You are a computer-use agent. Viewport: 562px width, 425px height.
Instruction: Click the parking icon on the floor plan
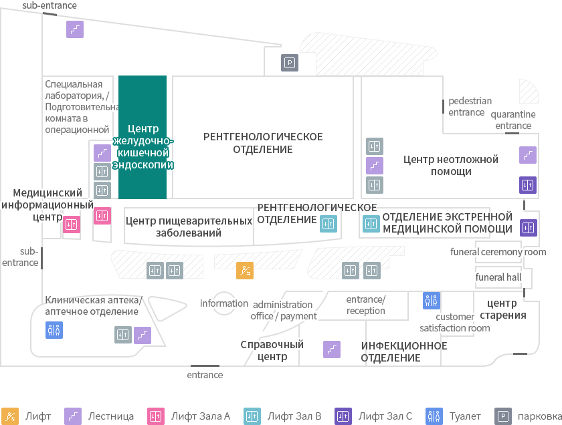[x=290, y=63]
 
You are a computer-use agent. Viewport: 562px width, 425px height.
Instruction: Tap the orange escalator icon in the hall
[x=245, y=271]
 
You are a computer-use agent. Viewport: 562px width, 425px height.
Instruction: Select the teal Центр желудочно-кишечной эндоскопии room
[x=143, y=137]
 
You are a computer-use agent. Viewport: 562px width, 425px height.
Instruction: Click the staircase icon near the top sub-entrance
[x=75, y=29]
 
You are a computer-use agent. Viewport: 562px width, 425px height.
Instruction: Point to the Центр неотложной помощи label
[x=451, y=165]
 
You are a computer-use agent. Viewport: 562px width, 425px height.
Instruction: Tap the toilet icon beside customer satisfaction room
[x=432, y=301]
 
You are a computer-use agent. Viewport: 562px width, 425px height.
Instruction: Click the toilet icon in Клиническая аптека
[x=54, y=329]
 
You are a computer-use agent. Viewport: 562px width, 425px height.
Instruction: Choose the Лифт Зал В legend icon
[x=252, y=416]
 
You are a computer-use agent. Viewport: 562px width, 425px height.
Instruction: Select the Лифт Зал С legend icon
[x=343, y=416]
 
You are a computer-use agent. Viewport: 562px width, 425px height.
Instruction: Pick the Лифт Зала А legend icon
[x=156, y=416]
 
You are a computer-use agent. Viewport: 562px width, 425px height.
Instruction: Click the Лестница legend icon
[x=73, y=416]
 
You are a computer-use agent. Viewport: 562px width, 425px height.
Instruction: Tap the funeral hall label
[x=498, y=277]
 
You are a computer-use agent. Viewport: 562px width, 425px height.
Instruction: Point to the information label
[x=224, y=303]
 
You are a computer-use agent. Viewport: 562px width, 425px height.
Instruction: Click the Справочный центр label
[x=272, y=351]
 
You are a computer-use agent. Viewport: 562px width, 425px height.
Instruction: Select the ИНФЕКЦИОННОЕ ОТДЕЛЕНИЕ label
[x=404, y=351]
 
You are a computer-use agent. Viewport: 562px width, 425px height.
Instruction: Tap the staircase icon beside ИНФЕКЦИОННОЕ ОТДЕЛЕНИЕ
[x=332, y=349]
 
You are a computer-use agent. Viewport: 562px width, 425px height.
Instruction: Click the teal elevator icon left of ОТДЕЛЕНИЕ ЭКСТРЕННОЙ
[x=371, y=224]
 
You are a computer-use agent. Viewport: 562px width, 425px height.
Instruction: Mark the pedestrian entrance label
[x=470, y=106]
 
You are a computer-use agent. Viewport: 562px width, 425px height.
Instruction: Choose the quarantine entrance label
[x=513, y=120]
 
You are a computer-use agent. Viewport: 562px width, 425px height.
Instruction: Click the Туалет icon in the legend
[x=434, y=416]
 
